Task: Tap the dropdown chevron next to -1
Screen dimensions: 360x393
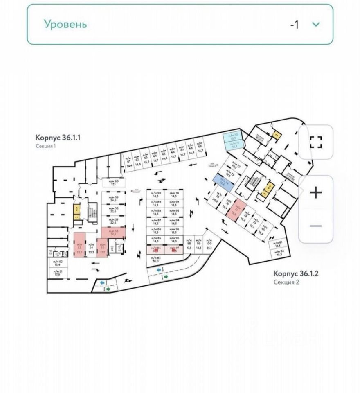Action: (316, 24)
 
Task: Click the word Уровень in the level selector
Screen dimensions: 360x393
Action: (65, 24)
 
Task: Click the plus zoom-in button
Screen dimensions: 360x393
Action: (315, 192)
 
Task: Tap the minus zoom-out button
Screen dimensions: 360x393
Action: (315, 226)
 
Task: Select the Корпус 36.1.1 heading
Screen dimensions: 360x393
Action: (58, 138)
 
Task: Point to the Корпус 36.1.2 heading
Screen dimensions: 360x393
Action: (296, 273)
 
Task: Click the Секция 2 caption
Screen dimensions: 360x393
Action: (286, 282)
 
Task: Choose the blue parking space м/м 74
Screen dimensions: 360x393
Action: (223, 182)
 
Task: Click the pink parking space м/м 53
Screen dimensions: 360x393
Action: (79, 244)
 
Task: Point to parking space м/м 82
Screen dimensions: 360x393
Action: (279, 253)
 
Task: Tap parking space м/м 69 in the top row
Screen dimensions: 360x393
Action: (200, 147)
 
